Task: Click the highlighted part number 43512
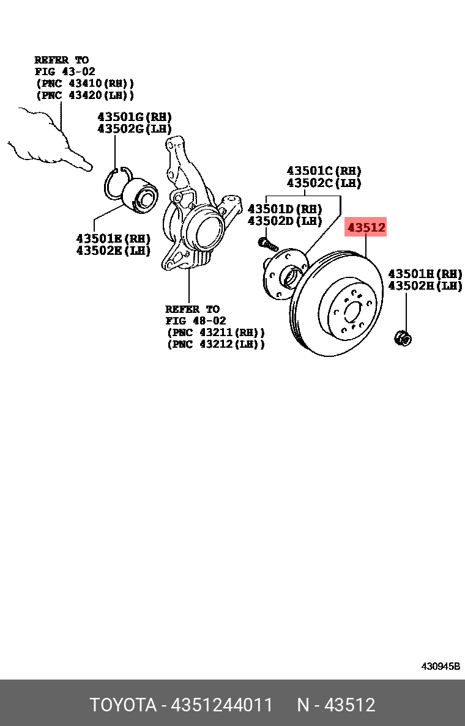pos(366,228)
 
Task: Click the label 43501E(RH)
pos(113,238)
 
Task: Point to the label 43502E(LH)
pos(113,250)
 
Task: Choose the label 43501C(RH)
pos(324,171)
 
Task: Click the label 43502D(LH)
pos(285,220)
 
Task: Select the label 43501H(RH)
pos(425,274)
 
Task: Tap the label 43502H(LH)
pos(425,285)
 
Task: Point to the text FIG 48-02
pos(195,321)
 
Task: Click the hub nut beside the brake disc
pos(403,337)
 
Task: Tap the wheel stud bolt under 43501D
pos(267,244)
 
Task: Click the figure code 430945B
pos(440,666)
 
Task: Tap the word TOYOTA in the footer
pos(123,705)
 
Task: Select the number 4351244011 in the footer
pos(222,705)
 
